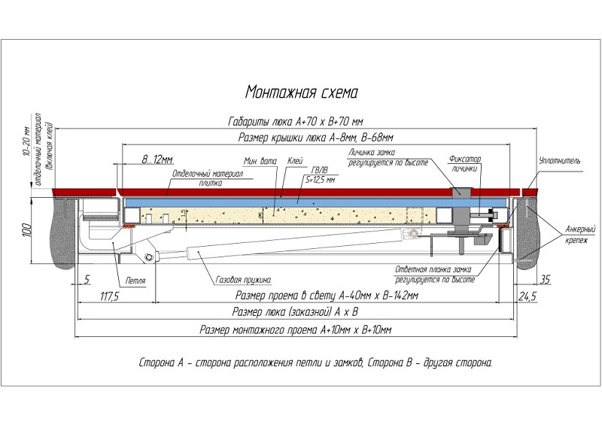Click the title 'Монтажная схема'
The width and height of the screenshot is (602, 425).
coord(301,92)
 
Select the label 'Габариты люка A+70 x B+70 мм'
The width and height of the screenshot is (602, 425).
coord(296,121)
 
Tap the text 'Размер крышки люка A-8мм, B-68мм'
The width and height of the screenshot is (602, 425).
coord(315,137)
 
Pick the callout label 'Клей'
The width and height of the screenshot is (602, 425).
coord(294,161)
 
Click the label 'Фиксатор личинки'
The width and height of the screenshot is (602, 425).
coord(464,164)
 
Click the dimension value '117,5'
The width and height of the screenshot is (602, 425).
coord(110,298)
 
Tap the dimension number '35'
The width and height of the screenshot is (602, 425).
coord(546,280)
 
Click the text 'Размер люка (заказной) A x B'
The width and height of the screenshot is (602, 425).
coord(294,312)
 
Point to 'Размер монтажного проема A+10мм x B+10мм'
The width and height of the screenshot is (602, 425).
coord(296,330)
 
